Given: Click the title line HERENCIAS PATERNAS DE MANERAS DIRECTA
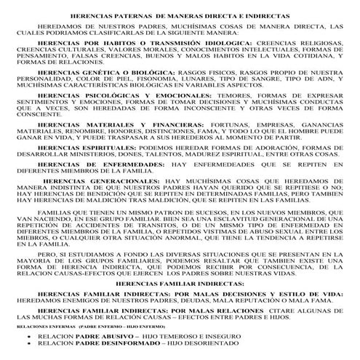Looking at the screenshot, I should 181,15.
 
